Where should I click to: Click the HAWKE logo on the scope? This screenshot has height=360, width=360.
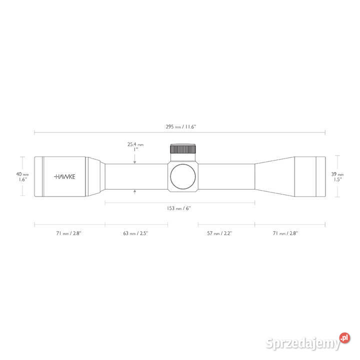pos(64,176)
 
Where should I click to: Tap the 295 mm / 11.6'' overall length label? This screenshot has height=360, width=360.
pos(181,126)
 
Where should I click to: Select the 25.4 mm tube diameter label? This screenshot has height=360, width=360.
pos(135,146)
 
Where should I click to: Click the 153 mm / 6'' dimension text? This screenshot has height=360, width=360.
pos(179,208)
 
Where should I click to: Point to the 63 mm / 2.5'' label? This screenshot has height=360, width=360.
pos(135,233)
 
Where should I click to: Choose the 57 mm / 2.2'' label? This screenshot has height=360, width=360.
pos(219,233)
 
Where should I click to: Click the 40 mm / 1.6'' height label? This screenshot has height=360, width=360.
pos(22,177)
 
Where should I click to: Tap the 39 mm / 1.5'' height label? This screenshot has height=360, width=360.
pos(337,177)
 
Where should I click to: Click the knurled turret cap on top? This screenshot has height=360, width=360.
pos(183,149)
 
